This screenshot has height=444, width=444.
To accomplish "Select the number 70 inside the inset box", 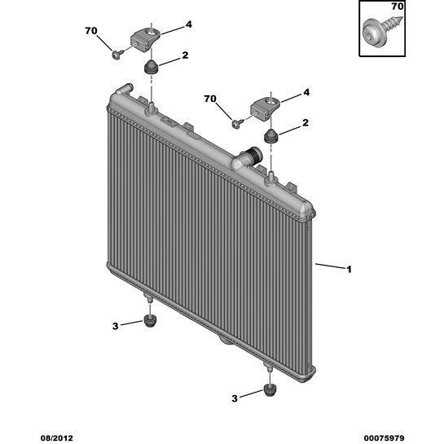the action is click(x=397, y=7).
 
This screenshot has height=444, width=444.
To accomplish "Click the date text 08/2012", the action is click(x=57, y=438).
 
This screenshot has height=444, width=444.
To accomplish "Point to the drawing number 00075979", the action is click(x=384, y=438).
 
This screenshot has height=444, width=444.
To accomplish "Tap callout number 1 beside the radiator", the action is click(x=349, y=270).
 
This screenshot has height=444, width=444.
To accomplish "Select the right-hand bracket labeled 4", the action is click(x=265, y=108).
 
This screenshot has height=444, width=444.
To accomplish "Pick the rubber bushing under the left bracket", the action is click(x=152, y=67).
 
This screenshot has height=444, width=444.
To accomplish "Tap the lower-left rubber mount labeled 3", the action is click(x=150, y=320).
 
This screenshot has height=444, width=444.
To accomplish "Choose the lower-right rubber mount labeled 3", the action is click(x=270, y=391).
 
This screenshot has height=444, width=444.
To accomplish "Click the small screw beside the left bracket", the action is click(x=117, y=54).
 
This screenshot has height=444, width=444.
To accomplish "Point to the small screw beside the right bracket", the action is click(x=237, y=123).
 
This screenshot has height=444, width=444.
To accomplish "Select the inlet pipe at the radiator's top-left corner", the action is click(x=124, y=89).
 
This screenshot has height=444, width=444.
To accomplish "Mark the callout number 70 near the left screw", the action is click(x=91, y=31).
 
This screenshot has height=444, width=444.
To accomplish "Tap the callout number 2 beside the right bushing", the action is click(x=306, y=123).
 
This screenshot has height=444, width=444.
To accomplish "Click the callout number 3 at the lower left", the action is click(x=115, y=326).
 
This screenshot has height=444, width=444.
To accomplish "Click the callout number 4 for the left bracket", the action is click(x=188, y=24).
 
